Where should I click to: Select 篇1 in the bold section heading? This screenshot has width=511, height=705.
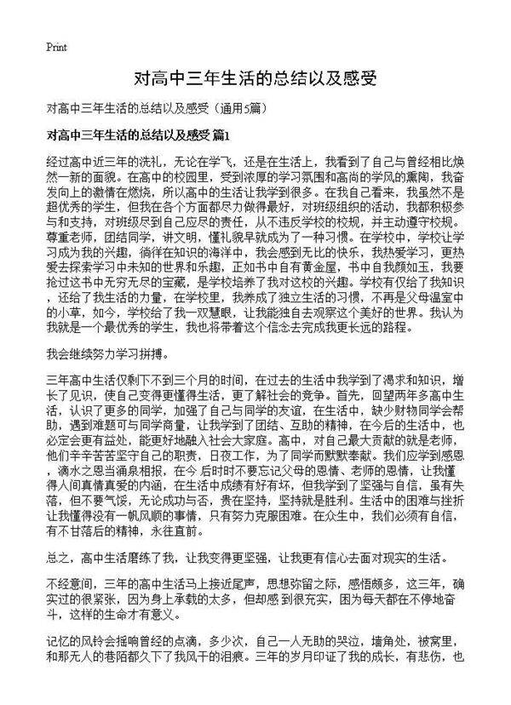pos(220,135)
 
